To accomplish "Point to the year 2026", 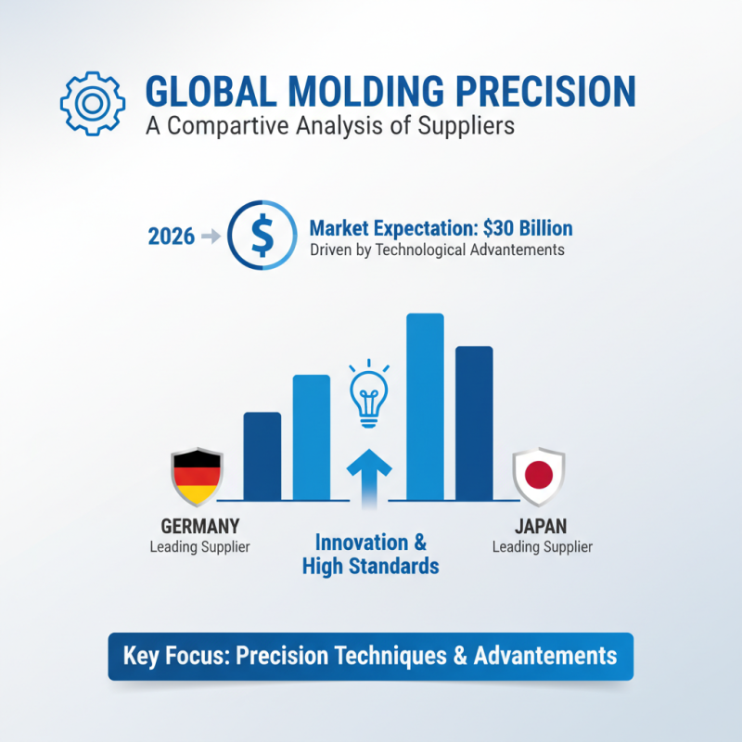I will (172, 237).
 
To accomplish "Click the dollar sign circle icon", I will (262, 237).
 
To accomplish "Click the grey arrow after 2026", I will (211, 237).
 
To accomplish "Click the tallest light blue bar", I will (426, 406).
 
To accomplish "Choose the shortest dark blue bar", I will (262, 455).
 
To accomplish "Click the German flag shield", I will (197, 475).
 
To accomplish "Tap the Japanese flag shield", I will (539, 476).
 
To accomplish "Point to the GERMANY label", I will (199, 526).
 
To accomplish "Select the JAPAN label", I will (542, 526).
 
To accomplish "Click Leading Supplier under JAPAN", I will (542, 546).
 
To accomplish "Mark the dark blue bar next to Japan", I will (474, 423).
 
